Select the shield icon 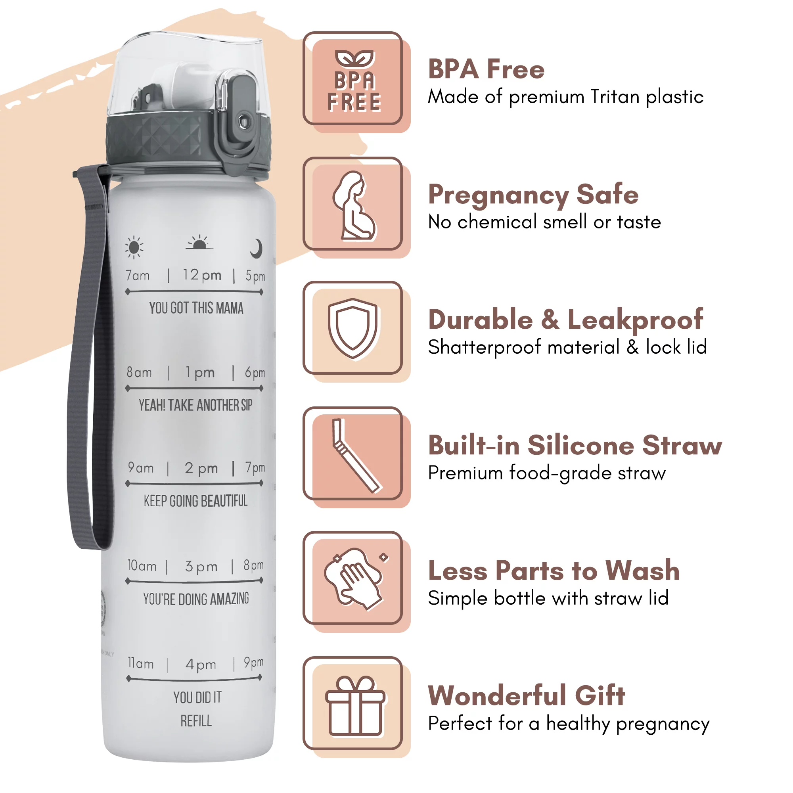pyautogui.click(x=353, y=328)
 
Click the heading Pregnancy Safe pyautogui.click(x=533, y=194)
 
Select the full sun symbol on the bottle pyautogui.click(x=134, y=247)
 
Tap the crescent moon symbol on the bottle pyautogui.click(x=256, y=248)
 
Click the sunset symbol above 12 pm pyautogui.click(x=199, y=243)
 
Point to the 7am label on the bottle pyautogui.click(x=138, y=275)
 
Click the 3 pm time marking pyautogui.click(x=201, y=567)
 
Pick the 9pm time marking pyautogui.click(x=254, y=662)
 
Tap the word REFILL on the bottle pyautogui.click(x=196, y=721)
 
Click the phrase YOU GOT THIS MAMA pyautogui.click(x=196, y=308)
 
